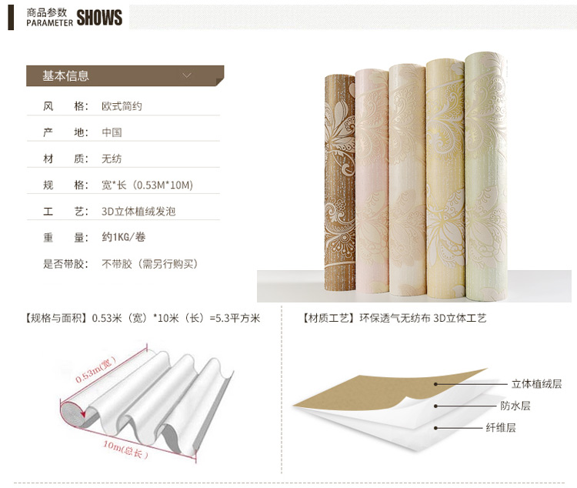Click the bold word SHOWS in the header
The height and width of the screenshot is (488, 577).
99,18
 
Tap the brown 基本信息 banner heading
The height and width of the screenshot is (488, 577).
65,75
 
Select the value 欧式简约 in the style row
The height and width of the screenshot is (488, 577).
122,106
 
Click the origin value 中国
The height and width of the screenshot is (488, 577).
112,132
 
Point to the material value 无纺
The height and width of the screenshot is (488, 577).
112,159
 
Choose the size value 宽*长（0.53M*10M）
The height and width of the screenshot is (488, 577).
147,185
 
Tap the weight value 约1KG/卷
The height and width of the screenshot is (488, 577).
124,238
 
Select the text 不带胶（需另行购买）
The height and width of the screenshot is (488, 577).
151,264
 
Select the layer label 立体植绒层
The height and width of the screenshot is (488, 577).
537,383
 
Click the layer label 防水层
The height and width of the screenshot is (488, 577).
515,406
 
